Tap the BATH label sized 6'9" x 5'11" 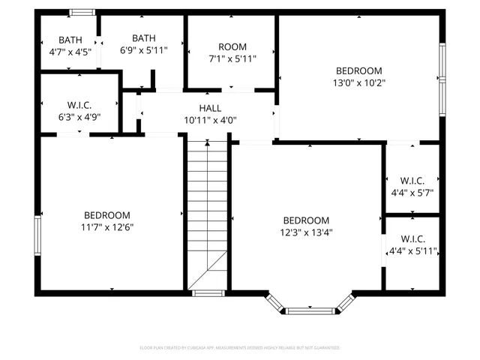coord(143,50)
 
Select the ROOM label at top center coord(232,47)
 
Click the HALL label coord(210,108)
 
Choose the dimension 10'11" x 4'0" coord(210,120)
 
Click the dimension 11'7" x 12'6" coord(106,226)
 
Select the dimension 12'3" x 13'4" coord(305,232)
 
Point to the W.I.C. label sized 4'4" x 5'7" coord(412,181)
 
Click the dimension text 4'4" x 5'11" coord(412,250)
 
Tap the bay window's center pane coord(310,309)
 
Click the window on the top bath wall coord(82,13)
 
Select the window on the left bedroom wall coord(37,236)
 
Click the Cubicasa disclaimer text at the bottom coord(240,348)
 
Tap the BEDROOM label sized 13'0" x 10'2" coord(360,70)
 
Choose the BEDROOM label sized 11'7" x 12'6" coord(106,214)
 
